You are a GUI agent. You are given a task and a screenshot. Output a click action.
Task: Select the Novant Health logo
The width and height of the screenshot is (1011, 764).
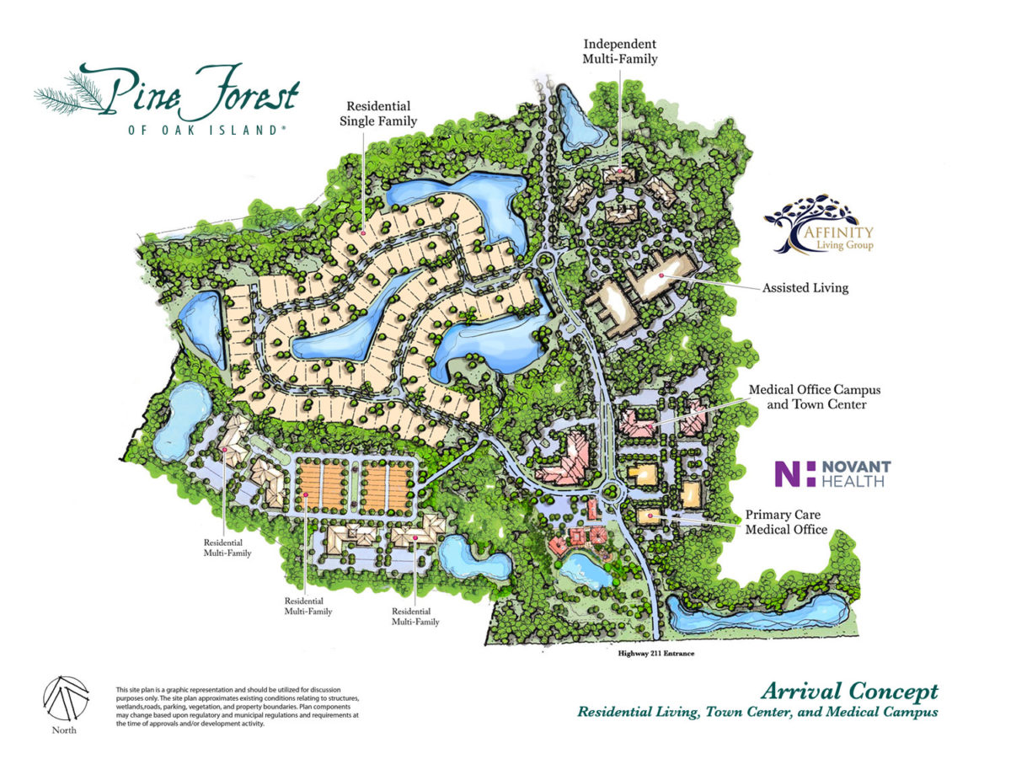click(832, 473)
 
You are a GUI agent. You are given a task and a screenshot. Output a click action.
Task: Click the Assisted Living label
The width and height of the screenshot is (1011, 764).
click(805, 288)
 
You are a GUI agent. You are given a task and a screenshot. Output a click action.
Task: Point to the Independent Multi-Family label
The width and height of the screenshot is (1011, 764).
click(619, 51)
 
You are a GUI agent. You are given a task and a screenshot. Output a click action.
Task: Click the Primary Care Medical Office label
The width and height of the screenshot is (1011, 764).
click(785, 521)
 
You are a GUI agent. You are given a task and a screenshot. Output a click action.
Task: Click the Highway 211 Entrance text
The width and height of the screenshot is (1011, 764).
click(654, 653)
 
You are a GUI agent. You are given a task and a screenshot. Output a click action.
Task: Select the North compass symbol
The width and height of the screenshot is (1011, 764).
click(63, 697)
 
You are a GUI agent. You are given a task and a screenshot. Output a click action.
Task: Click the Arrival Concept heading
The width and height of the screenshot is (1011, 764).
click(848, 692)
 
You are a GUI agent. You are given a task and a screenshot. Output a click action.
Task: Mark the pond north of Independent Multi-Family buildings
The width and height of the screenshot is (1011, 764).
click(578, 117)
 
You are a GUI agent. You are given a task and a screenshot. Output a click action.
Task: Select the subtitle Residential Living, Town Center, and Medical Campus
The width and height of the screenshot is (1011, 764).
click(757, 713)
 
